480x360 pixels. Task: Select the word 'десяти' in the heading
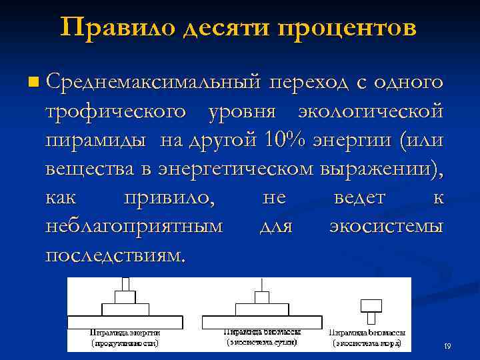221,27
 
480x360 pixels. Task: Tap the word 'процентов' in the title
347,27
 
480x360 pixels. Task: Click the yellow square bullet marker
34,83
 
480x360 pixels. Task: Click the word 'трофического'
115,112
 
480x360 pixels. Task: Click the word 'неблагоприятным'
134,227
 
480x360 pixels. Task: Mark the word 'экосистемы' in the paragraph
386,227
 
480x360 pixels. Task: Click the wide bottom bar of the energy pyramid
125,321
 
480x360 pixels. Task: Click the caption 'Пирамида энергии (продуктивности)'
125,337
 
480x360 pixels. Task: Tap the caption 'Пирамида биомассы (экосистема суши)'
261,337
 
